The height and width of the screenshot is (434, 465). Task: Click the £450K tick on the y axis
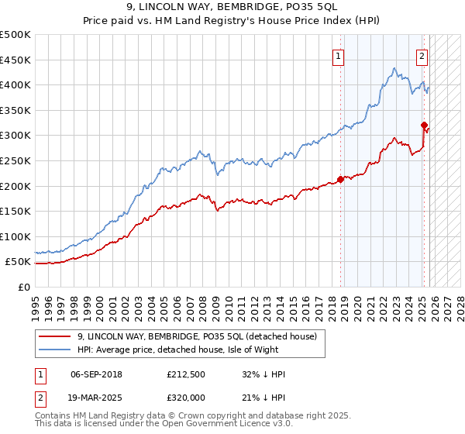16,60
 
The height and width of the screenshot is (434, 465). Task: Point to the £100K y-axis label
16,236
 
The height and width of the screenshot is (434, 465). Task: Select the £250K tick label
16,160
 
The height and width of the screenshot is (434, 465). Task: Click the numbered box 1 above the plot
339,55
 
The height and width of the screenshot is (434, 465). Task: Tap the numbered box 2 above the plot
422,55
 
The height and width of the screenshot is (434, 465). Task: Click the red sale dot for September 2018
341,180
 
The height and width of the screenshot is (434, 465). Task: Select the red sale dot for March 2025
424,125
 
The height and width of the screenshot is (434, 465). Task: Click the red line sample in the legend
55,337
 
